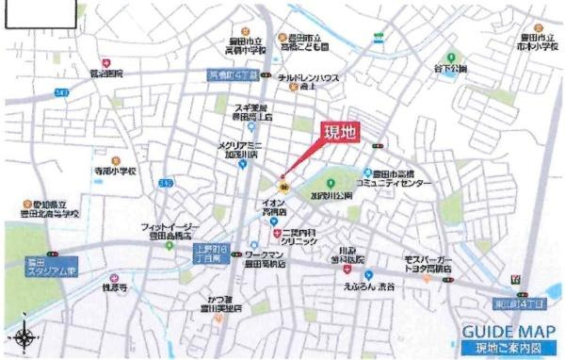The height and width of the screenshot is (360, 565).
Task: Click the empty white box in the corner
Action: click(x=40, y=15)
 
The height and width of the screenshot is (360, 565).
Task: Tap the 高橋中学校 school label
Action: click(x=226, y=45)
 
